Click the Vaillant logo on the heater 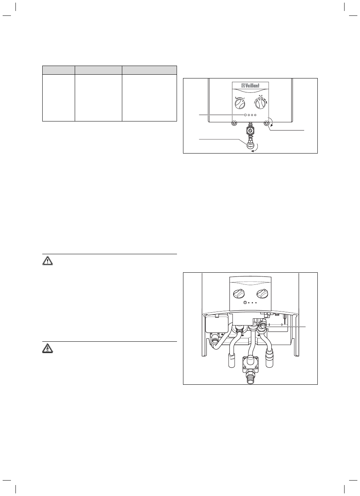(x=250, y=86)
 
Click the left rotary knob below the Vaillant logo (x=240, y=104)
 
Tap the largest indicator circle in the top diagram (x=245, y=115)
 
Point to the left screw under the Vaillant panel (x=234, y=123)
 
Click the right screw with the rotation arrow (x=266, y=123)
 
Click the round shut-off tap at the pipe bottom (x=250, y=146)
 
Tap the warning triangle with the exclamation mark (x=48, y=261)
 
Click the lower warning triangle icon (x=48, y=348)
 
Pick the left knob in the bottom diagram (x=239, y=293)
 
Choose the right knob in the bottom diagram (x=262, y=293)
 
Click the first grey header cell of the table (x=58, y=70)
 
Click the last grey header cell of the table (x=149, y=70)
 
